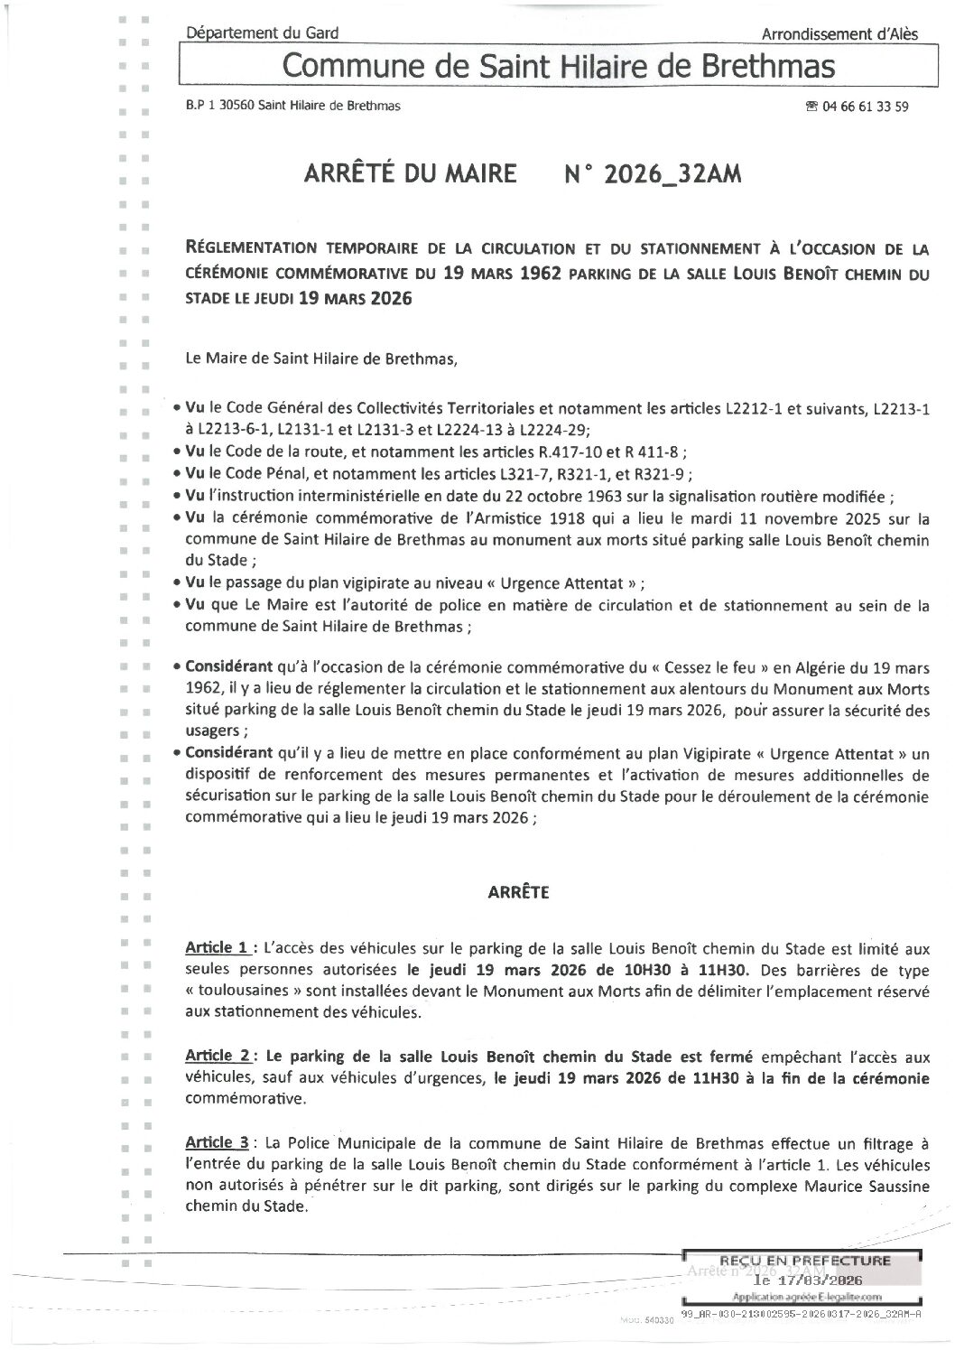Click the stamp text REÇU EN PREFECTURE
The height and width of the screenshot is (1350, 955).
[x=803, y=1261]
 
